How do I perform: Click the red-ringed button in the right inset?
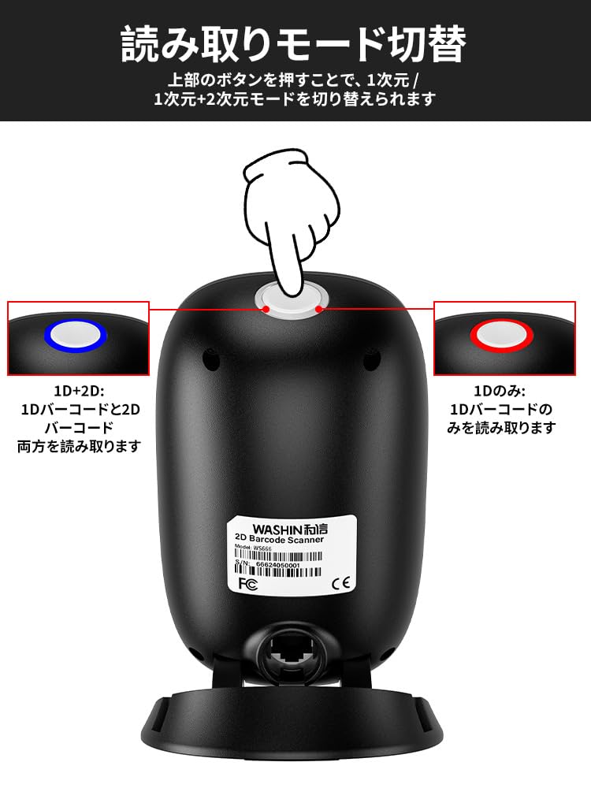click(502, 334)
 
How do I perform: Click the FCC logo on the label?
click(246, 584)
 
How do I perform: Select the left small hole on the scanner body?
click(210, 359)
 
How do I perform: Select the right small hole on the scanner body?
click(372, 359)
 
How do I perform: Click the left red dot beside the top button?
click(266, 310)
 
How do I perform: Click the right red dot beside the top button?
click(319, 310)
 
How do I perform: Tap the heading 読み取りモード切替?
click(294, 45)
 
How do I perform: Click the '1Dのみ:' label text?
click(501, 392)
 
